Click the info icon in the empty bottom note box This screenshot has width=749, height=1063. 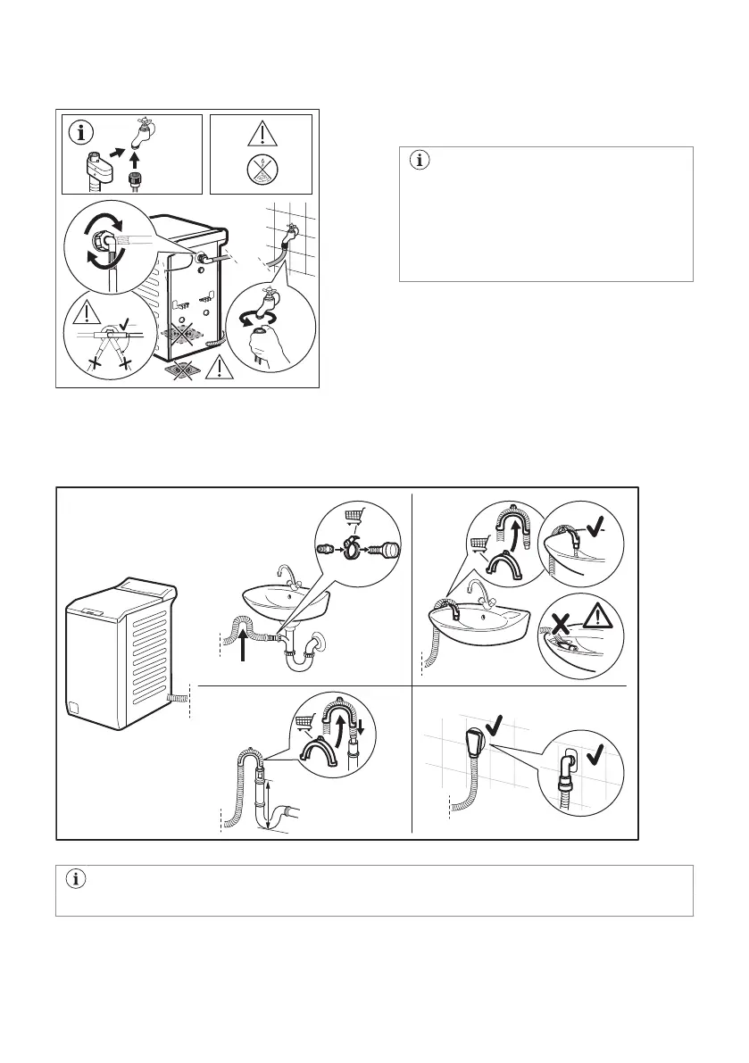[76, 880]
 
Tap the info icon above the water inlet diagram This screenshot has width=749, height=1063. [84, 134]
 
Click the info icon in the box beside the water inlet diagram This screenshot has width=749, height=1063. [420, 162]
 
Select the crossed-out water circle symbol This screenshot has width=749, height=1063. [261, 170]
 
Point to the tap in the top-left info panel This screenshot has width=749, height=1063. [142, 134]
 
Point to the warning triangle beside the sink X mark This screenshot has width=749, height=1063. [599, 613]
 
